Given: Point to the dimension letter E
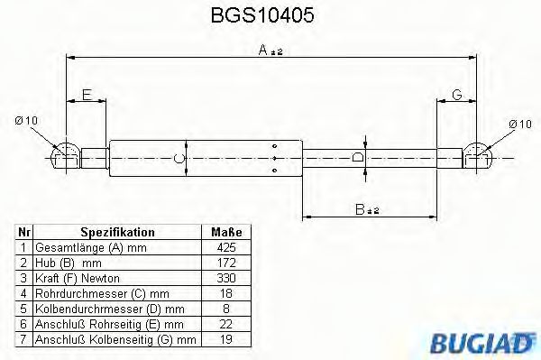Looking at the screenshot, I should click(x=87, y=95).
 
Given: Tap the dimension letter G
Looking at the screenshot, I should click(x=457, y=95).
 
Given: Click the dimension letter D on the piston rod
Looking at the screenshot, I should click(x=358, y=157).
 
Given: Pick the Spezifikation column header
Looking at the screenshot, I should click(x=117, y=233).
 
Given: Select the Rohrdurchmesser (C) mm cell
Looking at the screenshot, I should click(x=102, y=293).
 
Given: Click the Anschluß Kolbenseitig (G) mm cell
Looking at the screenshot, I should click(x=115, y=340).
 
